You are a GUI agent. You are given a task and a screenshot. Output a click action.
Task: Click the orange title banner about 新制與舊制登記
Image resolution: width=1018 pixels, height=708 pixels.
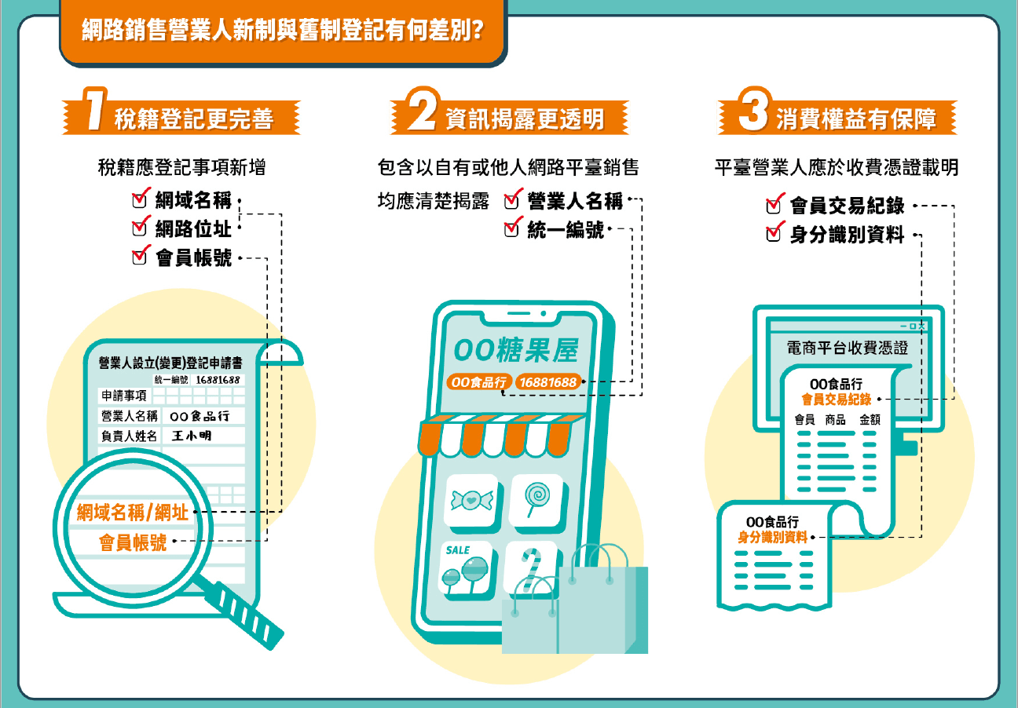click(x=282, y=32)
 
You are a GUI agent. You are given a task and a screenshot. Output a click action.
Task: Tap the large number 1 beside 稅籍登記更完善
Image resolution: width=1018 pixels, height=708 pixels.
click(x=94, y=114)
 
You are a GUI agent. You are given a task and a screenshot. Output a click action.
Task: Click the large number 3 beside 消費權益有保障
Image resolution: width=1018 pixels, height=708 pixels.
click(x=753, y=114)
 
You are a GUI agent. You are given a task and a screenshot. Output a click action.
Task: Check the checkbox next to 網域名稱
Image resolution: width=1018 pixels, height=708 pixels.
click(x=141, y=200)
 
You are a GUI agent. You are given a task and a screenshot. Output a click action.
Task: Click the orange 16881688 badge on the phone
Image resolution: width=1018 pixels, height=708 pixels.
click(x=547, y=382)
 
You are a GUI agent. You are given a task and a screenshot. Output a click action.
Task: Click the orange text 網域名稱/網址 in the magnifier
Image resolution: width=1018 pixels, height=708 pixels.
click(x=133, y=513)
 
